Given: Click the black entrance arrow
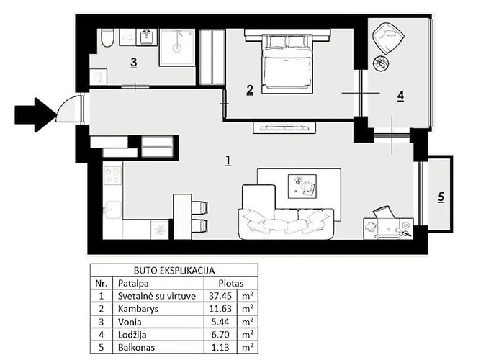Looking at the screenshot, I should [35, 114].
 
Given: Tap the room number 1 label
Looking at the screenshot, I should [228, 160].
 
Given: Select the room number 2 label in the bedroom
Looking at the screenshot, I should [249, 90].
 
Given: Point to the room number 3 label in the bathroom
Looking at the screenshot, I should [133, 63].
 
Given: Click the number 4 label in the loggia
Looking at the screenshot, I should [400, 95].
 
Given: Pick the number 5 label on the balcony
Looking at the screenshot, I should [441, 197].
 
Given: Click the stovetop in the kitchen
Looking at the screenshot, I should [112, 175].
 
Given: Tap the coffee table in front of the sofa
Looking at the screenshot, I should [301, 186].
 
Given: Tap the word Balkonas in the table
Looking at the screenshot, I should [138, 347].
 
